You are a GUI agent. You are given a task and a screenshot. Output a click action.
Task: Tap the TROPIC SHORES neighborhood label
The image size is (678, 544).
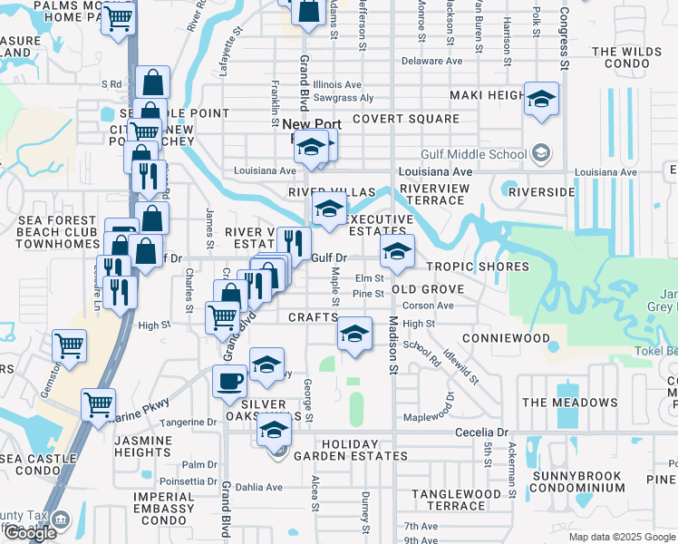tap(477, 267)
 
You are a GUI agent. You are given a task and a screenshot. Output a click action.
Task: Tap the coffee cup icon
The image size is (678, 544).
tap(229, 380)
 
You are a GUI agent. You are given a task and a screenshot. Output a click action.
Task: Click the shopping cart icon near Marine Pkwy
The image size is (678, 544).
tap(99, 403)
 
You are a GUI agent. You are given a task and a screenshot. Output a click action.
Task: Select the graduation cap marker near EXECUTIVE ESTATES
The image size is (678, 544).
tap(329, 209)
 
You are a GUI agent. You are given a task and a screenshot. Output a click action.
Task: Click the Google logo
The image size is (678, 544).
tap(30, 534)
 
